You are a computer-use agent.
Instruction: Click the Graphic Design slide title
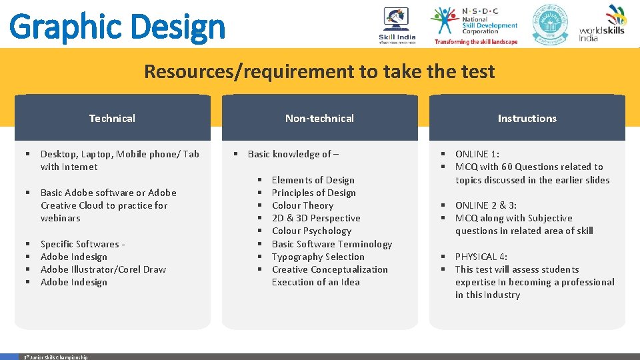pos(117,27)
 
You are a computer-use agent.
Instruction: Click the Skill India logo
pos(397,25)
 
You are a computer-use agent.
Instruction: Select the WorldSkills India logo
pos(602,24)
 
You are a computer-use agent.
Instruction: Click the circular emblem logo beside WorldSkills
pos(550,24)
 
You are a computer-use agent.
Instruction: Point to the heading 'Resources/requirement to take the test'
pos(319,71)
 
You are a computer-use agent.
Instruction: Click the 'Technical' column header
pos(112,119)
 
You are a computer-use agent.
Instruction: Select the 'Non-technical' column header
pos(319,119)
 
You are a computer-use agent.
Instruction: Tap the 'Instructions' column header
pos(527,119)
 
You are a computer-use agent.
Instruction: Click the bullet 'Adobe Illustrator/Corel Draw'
pos(103,269)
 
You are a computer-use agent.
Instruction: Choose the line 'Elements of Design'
pos(313,180)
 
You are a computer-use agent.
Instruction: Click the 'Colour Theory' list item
pos(302,205)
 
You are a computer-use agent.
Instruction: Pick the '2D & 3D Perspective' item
pos(315,218)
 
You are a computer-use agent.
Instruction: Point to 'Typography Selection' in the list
pos(318,257)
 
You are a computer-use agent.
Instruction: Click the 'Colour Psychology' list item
pos(311,231)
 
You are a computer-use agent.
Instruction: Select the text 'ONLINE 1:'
pos(477,154)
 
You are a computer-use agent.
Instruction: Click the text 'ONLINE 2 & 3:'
pos(486,205)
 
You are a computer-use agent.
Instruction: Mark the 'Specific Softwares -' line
pos(83,244)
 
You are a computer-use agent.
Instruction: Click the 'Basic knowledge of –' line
pos(293,154)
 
